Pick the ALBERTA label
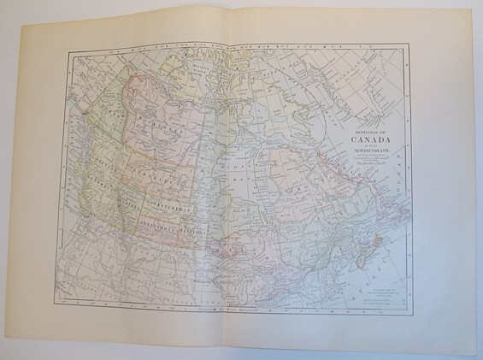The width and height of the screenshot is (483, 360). (129, 202)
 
